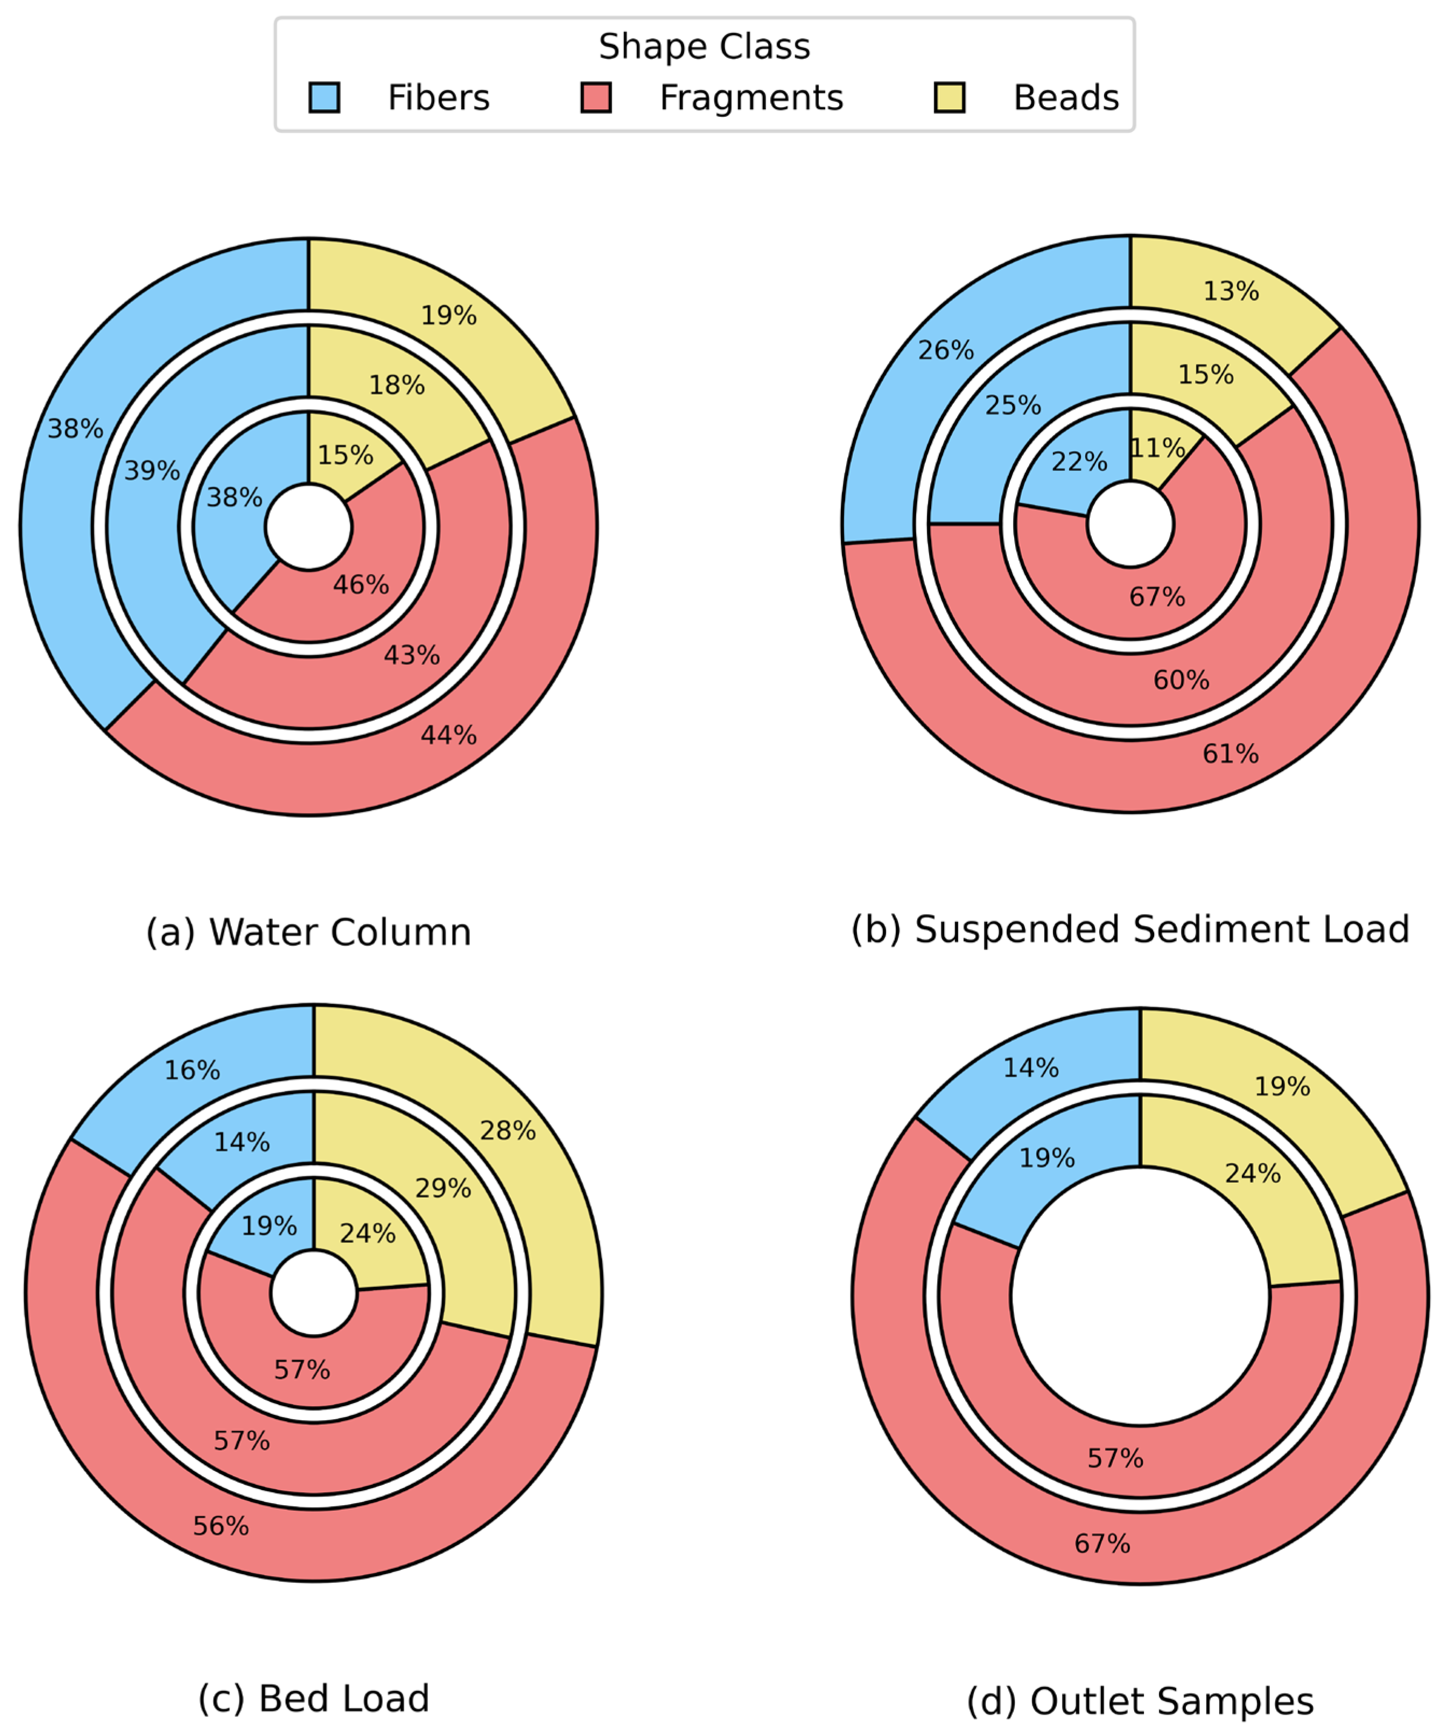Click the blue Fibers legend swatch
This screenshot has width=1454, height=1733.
click(x=324, y=97)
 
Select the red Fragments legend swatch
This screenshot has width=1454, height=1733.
click(x=596, y=97)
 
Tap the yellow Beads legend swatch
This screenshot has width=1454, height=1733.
click(x=950, y=97)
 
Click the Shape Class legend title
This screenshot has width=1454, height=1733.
click(x=704, y=47)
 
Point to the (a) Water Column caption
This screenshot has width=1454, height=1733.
click(x=308, y=932)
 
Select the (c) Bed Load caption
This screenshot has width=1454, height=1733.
click(x=314, y=1699)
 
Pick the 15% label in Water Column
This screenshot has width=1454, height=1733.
click(x=346, y=455)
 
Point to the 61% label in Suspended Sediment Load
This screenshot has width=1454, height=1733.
click(x=1231, y=753)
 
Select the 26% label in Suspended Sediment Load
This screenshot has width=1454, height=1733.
click(x=946, y=350)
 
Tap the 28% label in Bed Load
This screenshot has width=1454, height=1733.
click(x=508, y=1131)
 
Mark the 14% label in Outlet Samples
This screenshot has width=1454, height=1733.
click(x=1031, y=1068)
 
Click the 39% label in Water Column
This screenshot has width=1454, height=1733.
click(x=152, y=471)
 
